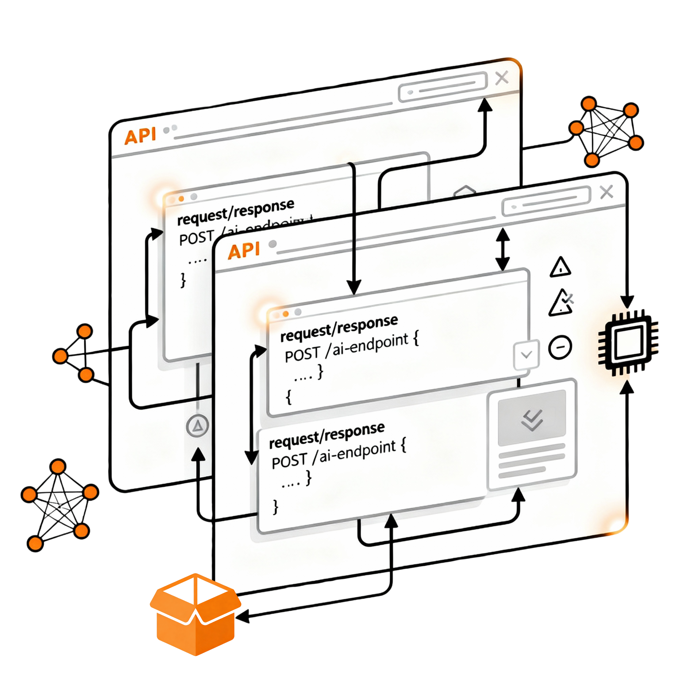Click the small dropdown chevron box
pos(526,355)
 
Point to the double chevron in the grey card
pos(532,420)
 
